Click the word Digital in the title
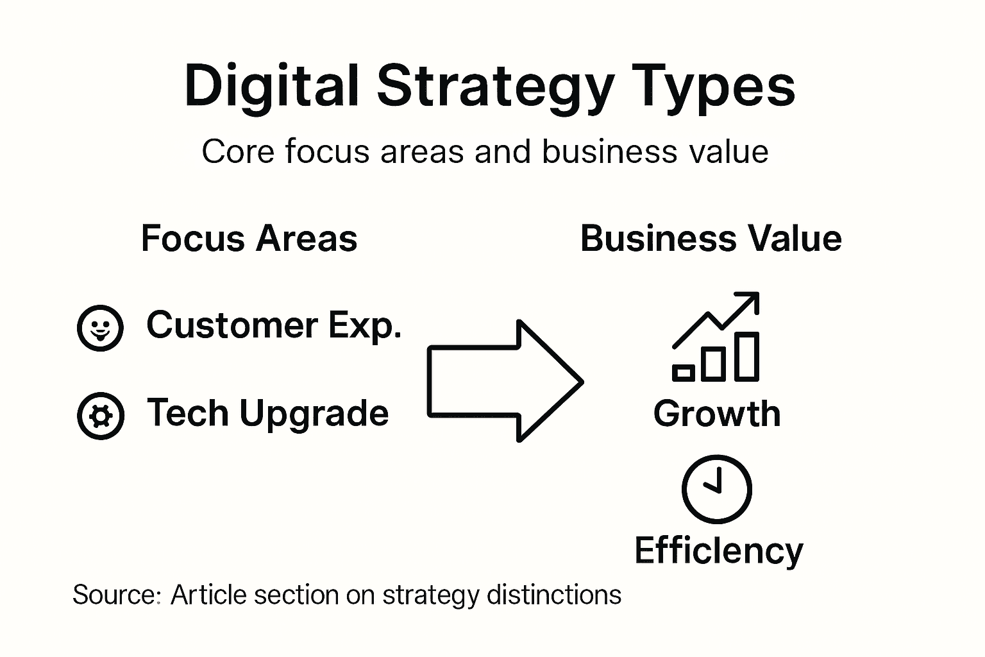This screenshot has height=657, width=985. (x=271, y=87)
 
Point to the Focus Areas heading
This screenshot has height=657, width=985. (x=249, y=239)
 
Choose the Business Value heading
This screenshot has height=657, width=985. (x=711, y=239)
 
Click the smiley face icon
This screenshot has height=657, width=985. (x=99, y=328)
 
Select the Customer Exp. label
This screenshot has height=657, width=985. (x=274, y=325)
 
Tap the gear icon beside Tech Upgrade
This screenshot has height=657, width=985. (x=100, y=416)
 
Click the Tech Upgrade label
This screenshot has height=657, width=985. (x=267, y=413)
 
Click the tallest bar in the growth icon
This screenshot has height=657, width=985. (x=746, y=356)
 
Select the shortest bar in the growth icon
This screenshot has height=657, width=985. (x=683, y=372)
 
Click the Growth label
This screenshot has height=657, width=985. (x=717, y=414)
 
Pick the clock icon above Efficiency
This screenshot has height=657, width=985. (x=716, y=489)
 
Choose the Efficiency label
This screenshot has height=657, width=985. (x=718, y=550)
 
